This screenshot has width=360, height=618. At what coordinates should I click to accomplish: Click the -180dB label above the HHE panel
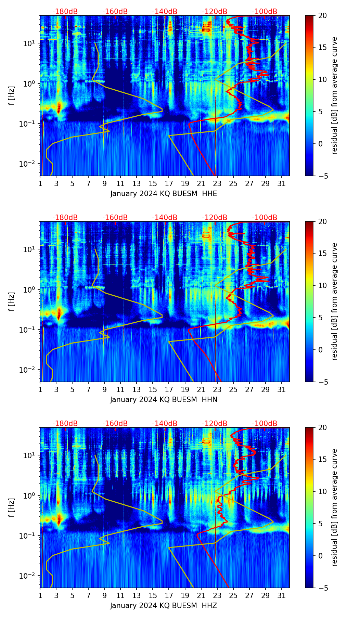[x=65, y=12]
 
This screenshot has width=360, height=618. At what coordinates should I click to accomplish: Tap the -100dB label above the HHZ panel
[x=265, y=424]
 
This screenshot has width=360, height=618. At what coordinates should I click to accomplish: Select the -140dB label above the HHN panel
[x=165, y=218]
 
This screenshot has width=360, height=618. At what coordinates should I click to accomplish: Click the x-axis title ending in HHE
[x=164, y=194]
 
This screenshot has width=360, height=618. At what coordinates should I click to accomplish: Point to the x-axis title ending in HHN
[x=164, y=400]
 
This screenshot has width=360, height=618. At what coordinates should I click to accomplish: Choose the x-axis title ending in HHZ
[x=164, y=606]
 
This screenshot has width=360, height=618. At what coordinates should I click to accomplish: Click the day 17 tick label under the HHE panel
[x=169, y=183]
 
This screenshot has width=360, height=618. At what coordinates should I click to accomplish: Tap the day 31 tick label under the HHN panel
[x=282, y=389]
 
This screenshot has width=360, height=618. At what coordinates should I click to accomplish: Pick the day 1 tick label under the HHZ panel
[x=40, y=595]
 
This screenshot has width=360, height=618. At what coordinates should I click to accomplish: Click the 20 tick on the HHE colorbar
[x=322, y=16]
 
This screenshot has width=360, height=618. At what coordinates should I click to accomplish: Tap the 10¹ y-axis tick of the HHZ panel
[x=30, y=455]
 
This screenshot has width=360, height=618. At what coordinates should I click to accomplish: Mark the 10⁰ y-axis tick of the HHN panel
[x=30, y=289]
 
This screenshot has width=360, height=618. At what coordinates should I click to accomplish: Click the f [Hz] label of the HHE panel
[x=12, y=96]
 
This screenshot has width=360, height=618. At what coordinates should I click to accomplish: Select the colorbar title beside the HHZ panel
[x=334, y=507]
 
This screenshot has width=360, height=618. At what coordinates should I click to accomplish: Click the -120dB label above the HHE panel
[x=215, y=12]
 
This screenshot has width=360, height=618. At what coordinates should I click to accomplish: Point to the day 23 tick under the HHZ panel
[x=217, y=595]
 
